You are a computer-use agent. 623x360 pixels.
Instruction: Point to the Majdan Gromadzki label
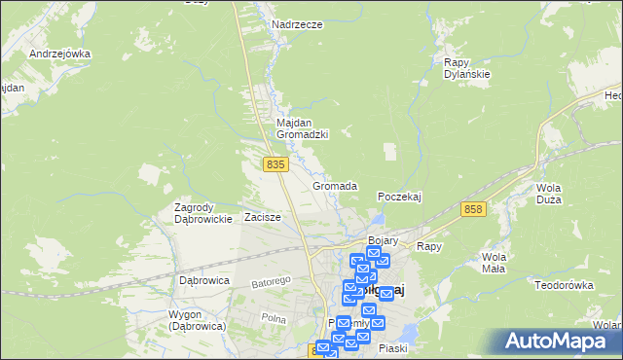(302, 128)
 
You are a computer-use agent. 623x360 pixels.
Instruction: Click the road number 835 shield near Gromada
(275, 165)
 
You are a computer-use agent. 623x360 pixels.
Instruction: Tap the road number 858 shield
(474, 209)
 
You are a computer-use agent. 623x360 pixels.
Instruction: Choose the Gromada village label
(335, 186)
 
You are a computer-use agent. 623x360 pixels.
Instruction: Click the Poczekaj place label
(399, 197)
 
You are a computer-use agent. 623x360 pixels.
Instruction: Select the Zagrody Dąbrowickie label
(202, 213)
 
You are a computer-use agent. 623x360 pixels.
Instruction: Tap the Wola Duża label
(554, 195)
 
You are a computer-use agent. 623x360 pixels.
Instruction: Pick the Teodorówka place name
(564, 285)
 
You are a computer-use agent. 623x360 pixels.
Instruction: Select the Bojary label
(385, 239)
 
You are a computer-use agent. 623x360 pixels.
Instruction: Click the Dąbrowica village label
(204, 280)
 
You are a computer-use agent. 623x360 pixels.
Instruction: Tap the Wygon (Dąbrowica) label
(183, 320)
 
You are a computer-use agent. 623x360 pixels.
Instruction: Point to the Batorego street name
(272, 283)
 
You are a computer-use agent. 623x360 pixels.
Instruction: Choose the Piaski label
(393, 348)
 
